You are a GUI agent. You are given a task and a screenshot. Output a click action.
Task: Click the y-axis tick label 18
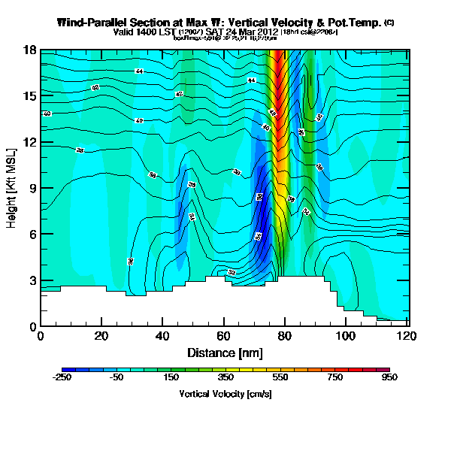[29, 50]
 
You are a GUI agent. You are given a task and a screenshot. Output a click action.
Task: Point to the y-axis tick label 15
[29, 96]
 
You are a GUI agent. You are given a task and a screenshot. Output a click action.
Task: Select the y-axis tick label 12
[29, 142]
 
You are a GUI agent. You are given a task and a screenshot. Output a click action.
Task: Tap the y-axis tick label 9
[32, 188]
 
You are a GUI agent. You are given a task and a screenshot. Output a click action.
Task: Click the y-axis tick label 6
[32, 235]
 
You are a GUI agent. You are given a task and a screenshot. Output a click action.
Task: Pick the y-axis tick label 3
[32, 280]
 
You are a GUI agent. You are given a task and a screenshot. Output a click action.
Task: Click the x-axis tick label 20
[101, 337]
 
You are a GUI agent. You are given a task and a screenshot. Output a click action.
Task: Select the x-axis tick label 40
[162, 337]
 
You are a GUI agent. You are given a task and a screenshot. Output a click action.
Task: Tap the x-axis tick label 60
[223, 337]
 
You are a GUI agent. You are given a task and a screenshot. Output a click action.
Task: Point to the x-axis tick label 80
[284, 337]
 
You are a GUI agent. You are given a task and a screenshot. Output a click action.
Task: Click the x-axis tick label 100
[345, 337]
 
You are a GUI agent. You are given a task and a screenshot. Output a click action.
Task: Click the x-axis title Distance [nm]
[223, 353]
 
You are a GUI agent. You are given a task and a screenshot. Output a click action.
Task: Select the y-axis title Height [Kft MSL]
[12, 188]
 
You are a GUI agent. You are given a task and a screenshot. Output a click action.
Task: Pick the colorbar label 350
[225, 378]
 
